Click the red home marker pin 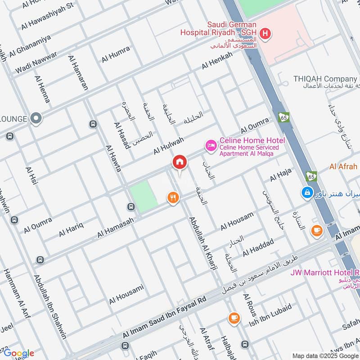point(179,163)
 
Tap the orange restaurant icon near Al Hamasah point(173,197)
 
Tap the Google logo point(18,353)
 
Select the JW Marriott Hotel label point(324,273)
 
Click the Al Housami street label point(126,293)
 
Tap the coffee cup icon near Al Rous point(234,318)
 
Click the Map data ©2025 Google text point(323,355)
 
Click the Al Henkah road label point(217,60)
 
